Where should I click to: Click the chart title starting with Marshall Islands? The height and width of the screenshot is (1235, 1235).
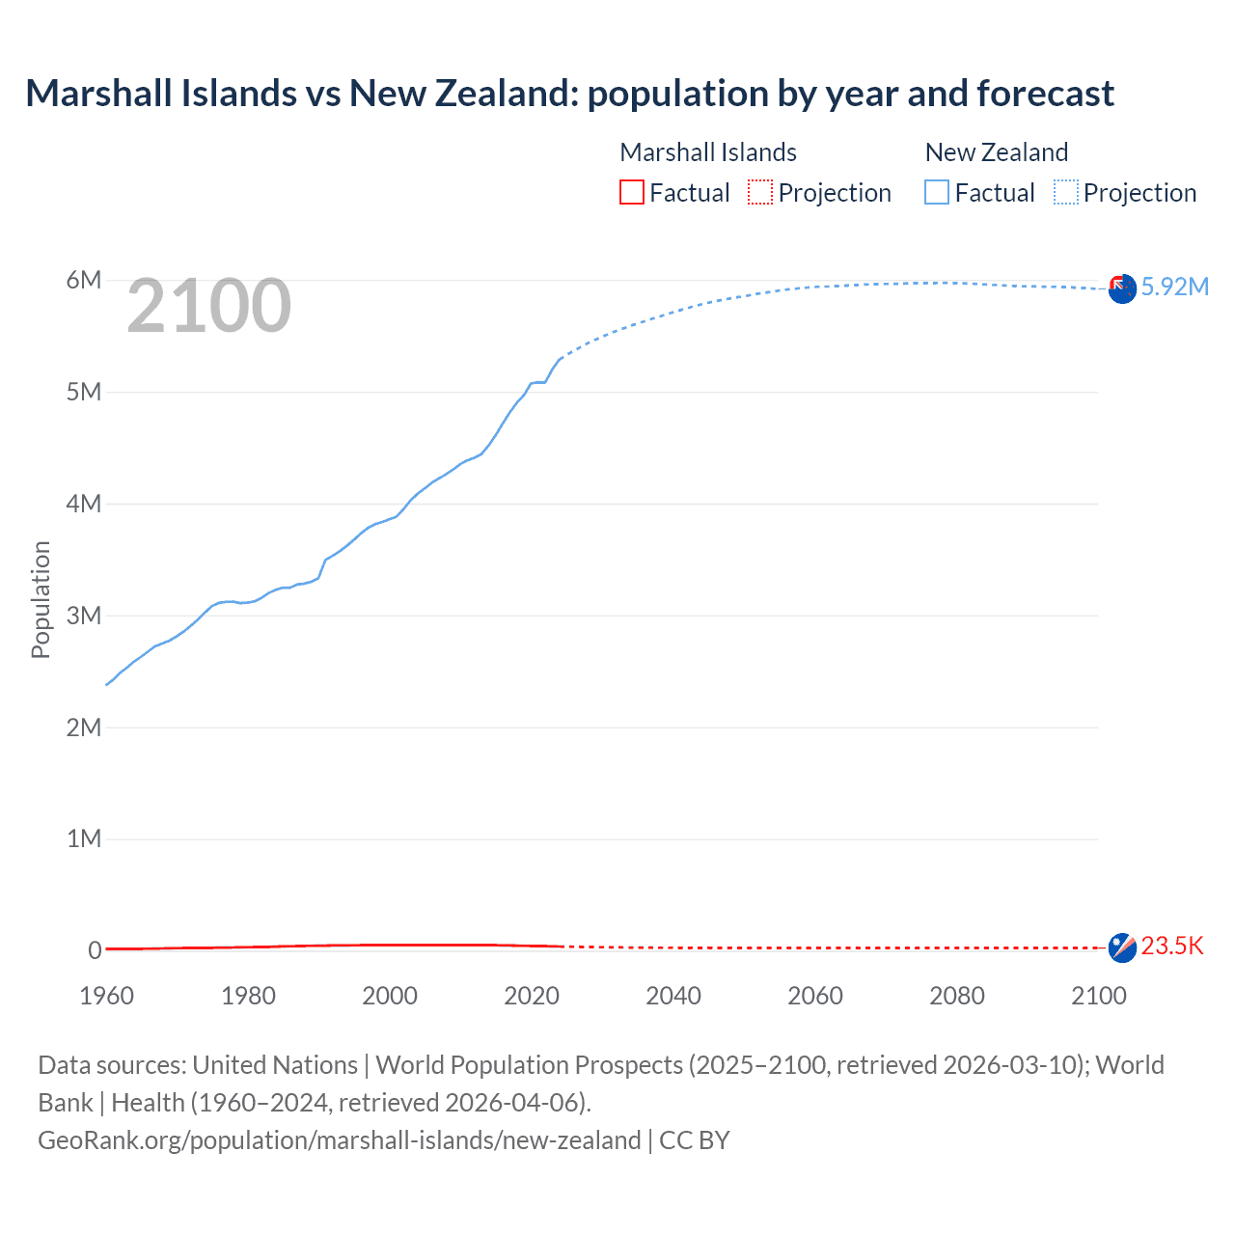(x=569, y=94)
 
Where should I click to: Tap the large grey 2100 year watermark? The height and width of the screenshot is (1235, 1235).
(x=208, y=306)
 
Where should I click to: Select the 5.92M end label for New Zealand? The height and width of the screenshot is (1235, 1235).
(x=1174, y=287)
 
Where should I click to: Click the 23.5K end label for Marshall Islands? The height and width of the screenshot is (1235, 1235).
(x=1172, y=946)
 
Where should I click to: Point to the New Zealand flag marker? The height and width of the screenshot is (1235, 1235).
(x=1122, y=288)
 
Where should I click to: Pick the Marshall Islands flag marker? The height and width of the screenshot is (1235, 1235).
(x=1122, y=947)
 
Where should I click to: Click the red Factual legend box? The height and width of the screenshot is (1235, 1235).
(x=632, y=193)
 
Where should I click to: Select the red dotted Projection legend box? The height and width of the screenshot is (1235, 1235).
(x=760, y=193)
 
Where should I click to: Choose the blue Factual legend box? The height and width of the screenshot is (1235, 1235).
(x=937, y=193)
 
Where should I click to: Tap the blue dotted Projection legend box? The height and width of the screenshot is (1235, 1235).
(x=1066, y=193)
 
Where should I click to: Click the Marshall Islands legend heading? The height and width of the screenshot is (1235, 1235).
(x=708, y=152)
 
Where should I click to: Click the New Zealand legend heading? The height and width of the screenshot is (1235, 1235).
(x=997, y=152)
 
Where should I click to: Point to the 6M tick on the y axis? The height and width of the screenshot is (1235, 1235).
(x=84, y=280)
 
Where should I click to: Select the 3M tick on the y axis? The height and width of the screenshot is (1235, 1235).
(x=84, y=616)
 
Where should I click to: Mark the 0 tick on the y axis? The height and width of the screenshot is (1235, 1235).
(x=95, y=950)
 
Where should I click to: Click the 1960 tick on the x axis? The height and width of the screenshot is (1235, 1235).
(x=106, y=996)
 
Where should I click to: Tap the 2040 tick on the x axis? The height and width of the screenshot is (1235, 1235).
(x=673, y=996)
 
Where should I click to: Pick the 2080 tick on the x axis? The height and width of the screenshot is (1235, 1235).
(x=957, y=996)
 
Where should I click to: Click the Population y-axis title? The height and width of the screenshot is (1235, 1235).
(x=41, y=599)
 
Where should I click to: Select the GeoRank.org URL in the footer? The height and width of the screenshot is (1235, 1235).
(x=340, y=1140)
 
